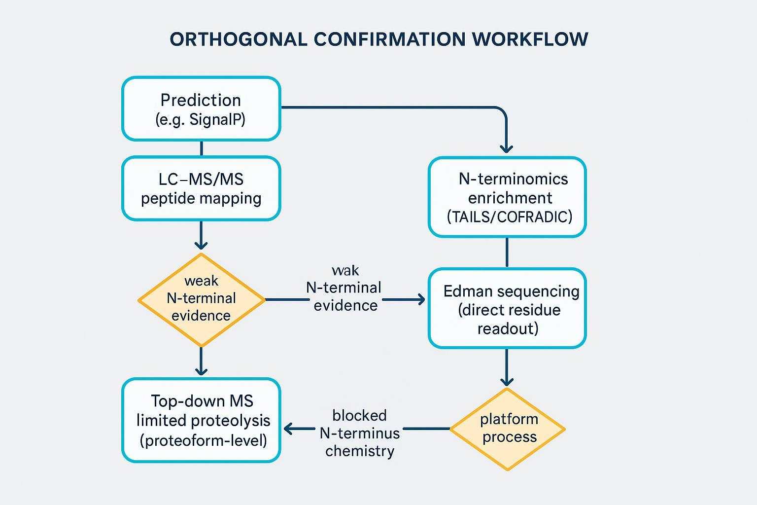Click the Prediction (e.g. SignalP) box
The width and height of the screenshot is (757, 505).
click(x=201, y=109)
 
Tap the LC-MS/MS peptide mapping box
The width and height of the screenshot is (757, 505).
click(x=201, y=188)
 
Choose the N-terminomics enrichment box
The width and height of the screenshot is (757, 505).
click(x=507, y=197)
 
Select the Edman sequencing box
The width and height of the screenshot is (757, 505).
click(x=507, y=309)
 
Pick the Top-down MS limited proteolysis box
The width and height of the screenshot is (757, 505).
click(x=201, y=420)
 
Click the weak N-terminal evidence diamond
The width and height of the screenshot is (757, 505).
click(x=201, y=299)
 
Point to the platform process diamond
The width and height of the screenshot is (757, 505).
click(x=507, y=429)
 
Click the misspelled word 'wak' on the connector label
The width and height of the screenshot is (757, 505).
click(x=345, y=270)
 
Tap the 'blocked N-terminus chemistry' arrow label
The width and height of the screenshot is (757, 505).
click(x=359, y=433)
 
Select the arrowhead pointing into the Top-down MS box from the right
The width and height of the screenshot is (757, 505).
click(x=288, y=429)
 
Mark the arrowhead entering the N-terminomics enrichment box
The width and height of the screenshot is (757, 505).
click(x=507, y=149)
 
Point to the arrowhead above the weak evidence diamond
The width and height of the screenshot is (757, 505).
click(x=201, y=245)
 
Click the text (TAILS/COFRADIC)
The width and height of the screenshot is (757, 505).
click(x=510, y=217)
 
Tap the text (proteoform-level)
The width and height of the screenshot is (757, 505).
click(x=203, y=440)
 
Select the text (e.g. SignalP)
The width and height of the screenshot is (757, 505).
click(x=200, y=120)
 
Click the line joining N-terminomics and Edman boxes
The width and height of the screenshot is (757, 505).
click(x=507, y=252)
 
